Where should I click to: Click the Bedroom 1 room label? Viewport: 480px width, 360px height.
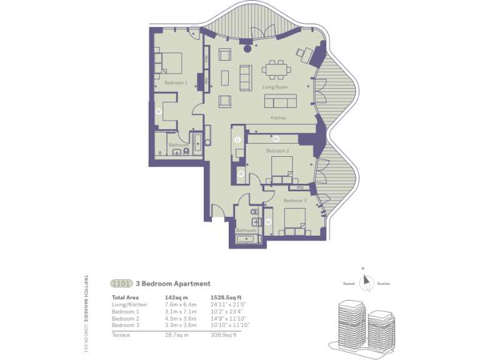(176, 82)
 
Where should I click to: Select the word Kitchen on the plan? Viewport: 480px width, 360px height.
(278, 118)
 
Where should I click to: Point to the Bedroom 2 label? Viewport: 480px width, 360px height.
(277, 151)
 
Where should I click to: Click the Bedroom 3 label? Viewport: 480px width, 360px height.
(295, 201)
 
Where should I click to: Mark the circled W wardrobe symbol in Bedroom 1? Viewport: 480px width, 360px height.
(159, 111)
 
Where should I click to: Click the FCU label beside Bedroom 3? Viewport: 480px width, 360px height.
(300, 187)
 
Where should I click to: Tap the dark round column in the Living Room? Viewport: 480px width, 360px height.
(248, 47)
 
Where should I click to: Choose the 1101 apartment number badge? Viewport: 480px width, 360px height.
(121, 284)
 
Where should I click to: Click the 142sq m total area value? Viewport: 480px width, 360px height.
(174, 297)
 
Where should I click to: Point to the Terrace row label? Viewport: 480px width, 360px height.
(121, 336)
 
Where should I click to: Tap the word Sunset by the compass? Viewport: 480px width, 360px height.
(349, 284)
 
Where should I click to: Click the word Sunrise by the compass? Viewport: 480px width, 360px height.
(383, 284)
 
